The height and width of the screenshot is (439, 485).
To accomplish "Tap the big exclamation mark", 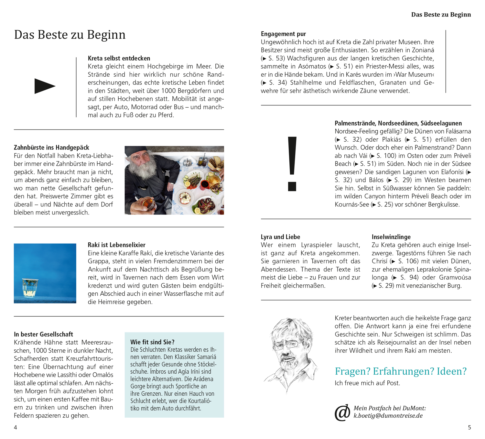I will click(x=292, y=163).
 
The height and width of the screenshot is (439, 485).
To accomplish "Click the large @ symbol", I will click(x=342, y=412).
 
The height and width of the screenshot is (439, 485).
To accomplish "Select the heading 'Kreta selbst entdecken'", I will click(x=119, y=58).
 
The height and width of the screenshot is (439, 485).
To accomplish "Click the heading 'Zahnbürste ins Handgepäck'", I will click(x=51, y=148).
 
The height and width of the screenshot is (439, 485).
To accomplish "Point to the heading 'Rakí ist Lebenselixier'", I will click(x=116, y=245).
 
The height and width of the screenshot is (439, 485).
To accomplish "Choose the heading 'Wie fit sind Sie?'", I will click(x=152, y=342).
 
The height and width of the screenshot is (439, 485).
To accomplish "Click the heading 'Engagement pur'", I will click(x=283, y=34).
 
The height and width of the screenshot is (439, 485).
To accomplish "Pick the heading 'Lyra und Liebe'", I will click(x=280, y=237).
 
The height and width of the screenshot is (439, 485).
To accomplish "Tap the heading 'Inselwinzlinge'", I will click(x=391, y=237).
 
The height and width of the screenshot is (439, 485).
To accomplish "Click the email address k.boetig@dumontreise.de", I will click(x=388, y=416).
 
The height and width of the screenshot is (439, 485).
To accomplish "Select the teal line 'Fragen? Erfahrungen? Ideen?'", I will click(x=401, y=371).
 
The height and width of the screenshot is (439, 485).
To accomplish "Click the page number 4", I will click(x=16, y=427).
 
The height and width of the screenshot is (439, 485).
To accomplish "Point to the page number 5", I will click(x=469, y=427).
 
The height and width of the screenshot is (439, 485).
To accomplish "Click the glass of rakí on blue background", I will click(x=30, y=288).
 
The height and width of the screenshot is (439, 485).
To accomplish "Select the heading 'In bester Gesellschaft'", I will click(x=43, y=334).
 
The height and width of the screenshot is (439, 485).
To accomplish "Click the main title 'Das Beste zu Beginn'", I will click(x=70, y=35).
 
